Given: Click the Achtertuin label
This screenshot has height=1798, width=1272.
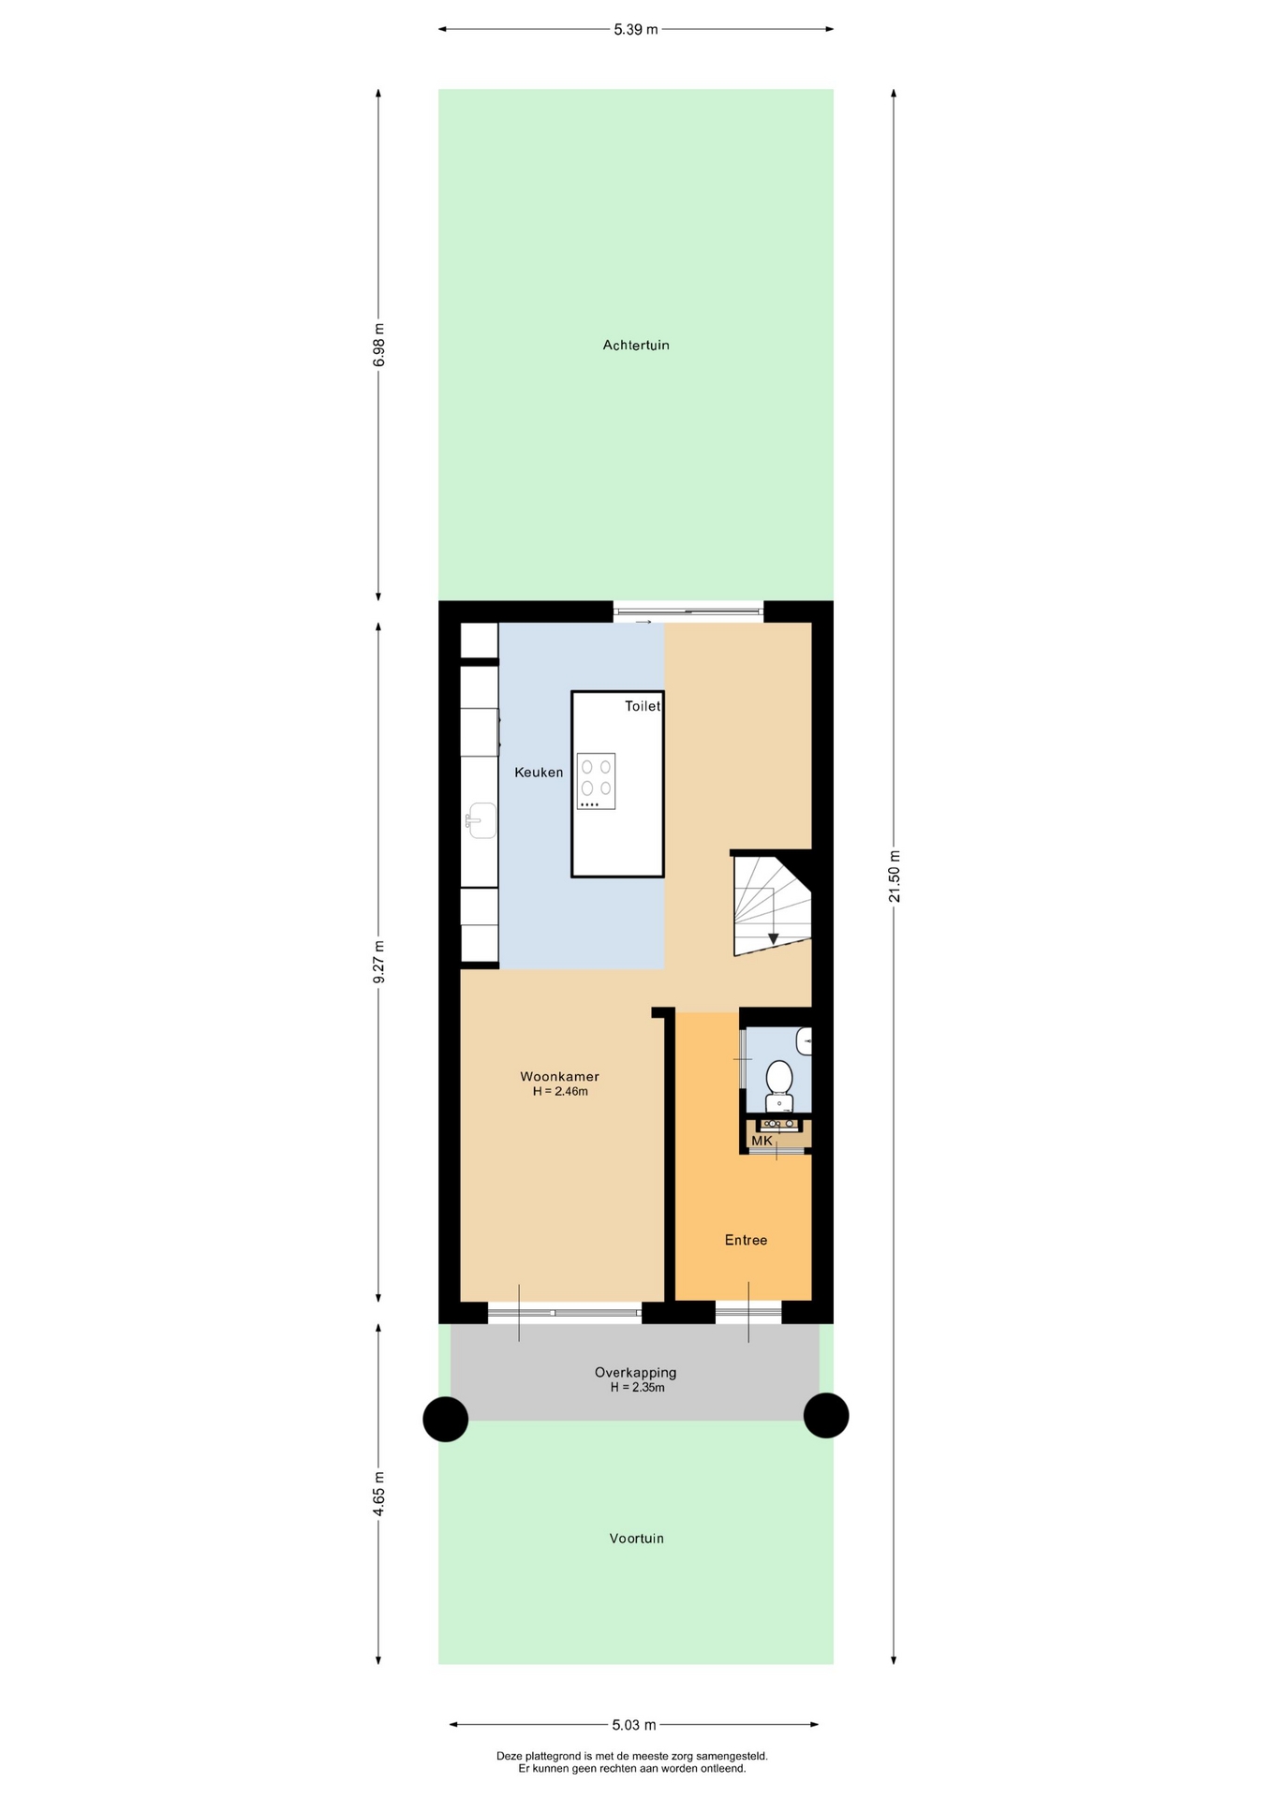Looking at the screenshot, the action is click(636, 346).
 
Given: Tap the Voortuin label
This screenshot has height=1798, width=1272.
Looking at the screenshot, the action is click(636, 1539).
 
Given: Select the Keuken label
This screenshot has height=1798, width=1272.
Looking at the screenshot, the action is click(539, 773).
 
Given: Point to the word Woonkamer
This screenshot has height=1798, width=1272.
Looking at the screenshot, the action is click(560, 1077).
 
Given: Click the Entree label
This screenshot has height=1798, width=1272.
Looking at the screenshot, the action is click(746, 1240).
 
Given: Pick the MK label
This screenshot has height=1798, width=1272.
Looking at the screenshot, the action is click(762, 1141).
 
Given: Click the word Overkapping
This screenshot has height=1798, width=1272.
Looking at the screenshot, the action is click(635, 1373).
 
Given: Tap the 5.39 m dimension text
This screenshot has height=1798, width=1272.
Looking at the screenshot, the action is click(636, 29).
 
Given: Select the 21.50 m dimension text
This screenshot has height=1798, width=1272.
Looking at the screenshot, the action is click(894, 877).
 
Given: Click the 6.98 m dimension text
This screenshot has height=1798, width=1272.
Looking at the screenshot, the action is click(378, 346).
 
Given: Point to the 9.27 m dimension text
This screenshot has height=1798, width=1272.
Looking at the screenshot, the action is click(378, 962).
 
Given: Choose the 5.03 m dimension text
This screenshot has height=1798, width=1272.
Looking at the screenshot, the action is click(634, 1725).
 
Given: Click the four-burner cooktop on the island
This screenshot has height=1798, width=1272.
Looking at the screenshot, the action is click(596, 781).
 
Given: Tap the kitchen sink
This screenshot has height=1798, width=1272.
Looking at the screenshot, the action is click(481, 820).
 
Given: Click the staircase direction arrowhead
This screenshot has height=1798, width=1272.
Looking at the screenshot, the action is click(773, 938).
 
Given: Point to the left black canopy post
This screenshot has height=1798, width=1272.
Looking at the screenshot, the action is click(446, 1419).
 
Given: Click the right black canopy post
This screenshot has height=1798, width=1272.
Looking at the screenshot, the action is click(826, 1415).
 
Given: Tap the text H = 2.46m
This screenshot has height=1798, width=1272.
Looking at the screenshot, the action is click(560, 1092).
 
